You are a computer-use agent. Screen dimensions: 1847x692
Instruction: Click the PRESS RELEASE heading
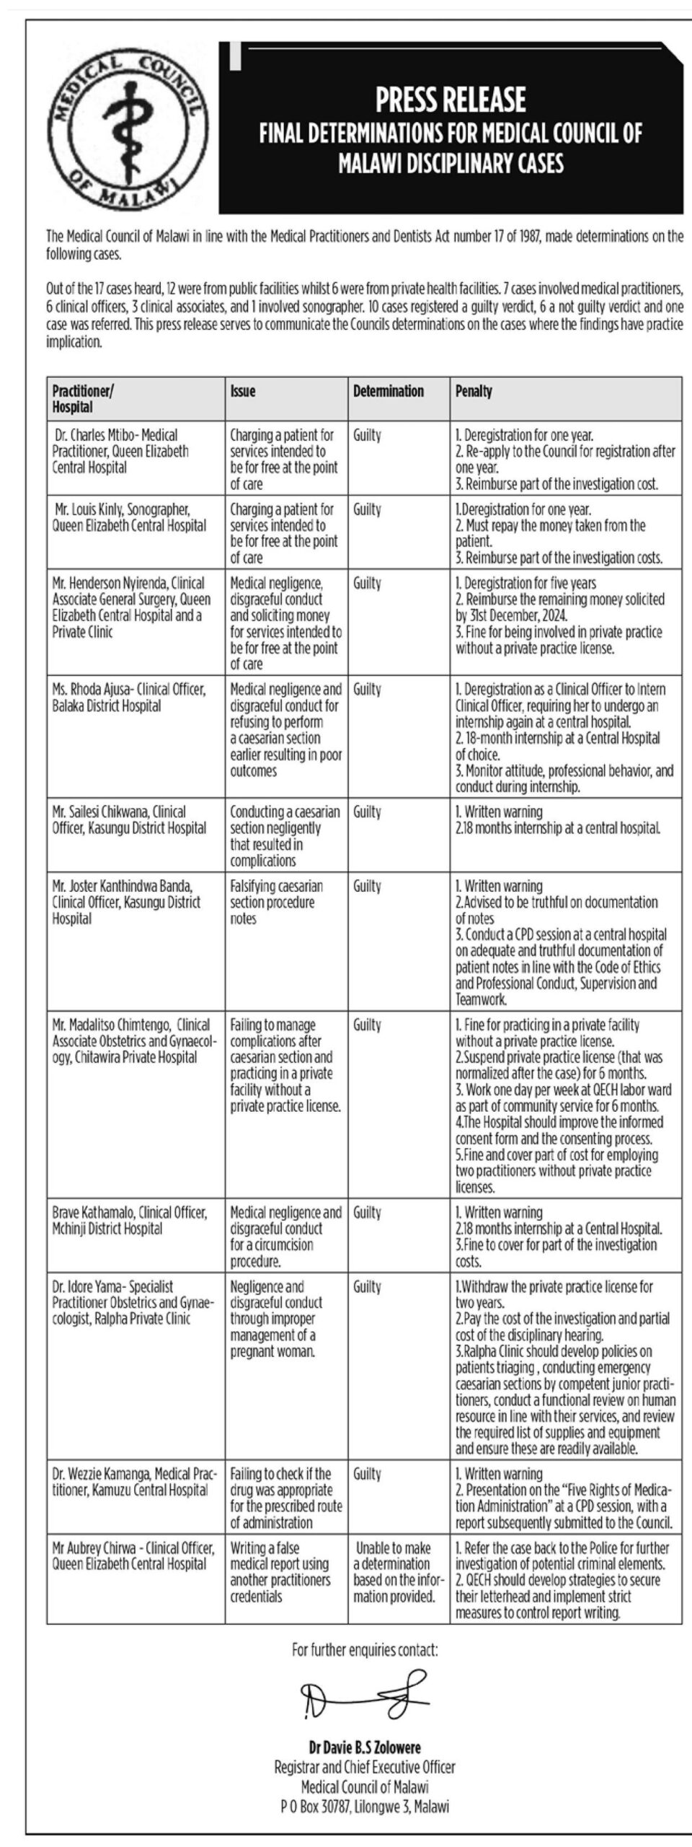pos(451,100)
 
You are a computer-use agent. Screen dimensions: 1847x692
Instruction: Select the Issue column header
pos(243,391)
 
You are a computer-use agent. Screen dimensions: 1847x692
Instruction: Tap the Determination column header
pos(389,391)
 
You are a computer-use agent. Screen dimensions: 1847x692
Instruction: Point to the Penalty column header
pos(474,391)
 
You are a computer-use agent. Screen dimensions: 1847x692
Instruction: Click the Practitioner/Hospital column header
pos(83,398)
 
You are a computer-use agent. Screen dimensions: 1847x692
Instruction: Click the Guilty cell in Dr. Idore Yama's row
pos(367,1286)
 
